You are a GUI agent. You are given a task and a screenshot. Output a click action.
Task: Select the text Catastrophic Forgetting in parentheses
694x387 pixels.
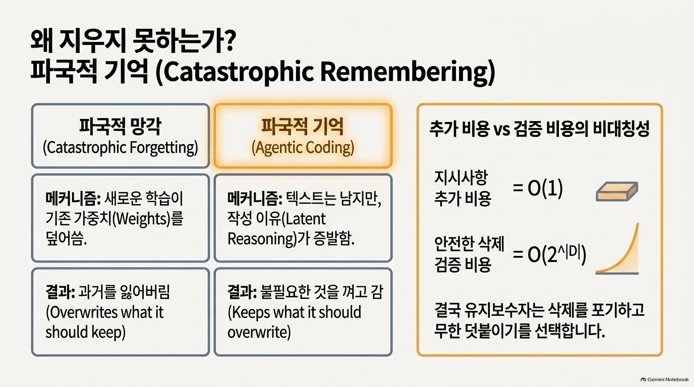point(120,147)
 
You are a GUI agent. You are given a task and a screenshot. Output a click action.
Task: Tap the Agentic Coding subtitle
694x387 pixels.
point(303,147)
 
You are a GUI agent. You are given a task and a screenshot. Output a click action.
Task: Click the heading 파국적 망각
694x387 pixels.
point(120,126)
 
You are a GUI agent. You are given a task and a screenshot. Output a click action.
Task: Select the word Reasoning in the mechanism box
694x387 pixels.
point(260,239)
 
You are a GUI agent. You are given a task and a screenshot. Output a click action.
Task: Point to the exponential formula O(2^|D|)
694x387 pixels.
point(549,255)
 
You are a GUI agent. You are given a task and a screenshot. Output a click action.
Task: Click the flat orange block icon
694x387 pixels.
point(617,191)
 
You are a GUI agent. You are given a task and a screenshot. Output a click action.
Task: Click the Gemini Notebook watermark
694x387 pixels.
point(665,379)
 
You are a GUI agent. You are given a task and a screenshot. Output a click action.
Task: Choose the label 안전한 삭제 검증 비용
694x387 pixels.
point(469,254)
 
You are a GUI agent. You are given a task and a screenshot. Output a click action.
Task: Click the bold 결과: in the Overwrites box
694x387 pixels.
point(60,293)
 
